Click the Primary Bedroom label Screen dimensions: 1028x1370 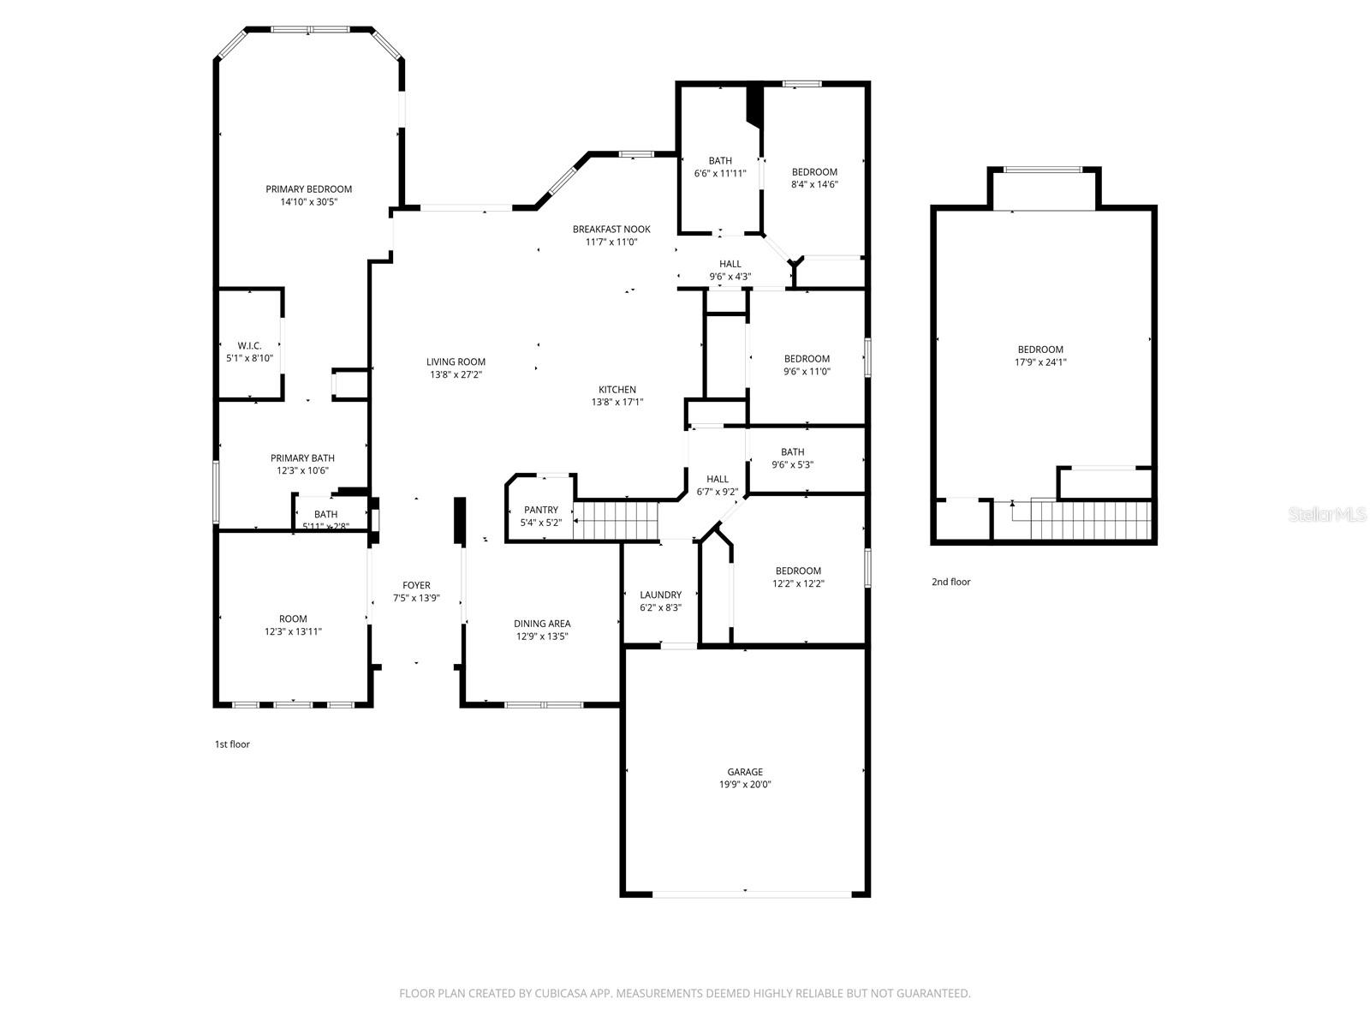coord(308,189)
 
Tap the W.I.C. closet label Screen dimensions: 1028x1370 coord(249,345)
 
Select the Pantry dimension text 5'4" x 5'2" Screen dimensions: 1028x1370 coord(541,523)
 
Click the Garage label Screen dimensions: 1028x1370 coord(745,772)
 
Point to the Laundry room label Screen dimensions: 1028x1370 coord(660,595)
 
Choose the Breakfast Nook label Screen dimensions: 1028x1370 coord(611,229)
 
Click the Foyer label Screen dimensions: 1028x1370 coord(416,586)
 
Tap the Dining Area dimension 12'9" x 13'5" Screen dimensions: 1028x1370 coord(542,637)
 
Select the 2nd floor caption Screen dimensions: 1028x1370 coord(950,582)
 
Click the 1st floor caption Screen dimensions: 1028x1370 coord(232,744)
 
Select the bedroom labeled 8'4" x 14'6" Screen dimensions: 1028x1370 coord(814,184)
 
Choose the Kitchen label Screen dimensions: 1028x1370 coord(617,390)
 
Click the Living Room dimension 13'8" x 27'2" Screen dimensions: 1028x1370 coord(456,374)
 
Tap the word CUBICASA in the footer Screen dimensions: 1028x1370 coord(555,994)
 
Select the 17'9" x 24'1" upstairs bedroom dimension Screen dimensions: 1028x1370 coord(1040,362)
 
